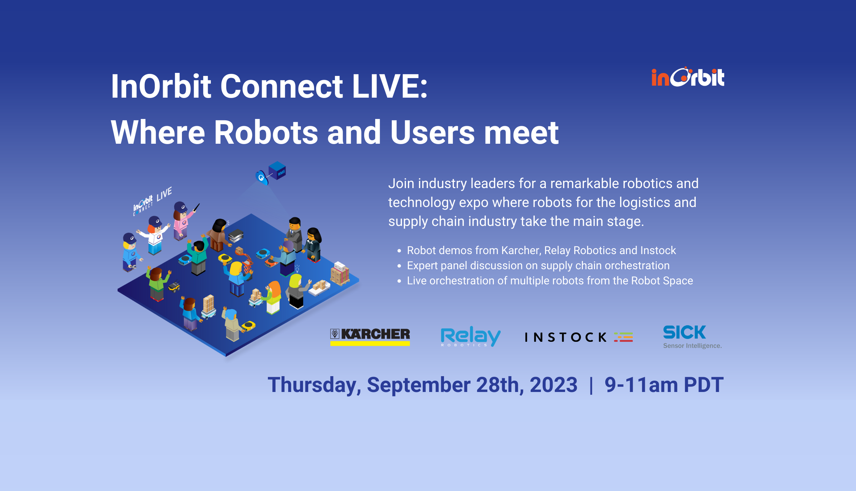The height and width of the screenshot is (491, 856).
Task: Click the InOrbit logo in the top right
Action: [x=688, y=77]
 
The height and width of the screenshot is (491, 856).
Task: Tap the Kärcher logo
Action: [x=370, y=336]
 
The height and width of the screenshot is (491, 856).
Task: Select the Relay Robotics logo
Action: [x=470, y=336]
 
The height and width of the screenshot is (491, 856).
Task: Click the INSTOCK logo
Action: [x=578, y=337]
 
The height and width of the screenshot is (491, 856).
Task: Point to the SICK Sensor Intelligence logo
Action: [x=692, y=337]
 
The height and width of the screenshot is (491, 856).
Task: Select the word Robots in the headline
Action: [x=266, y=133]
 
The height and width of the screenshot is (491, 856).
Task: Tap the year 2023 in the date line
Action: [x=553, y=385]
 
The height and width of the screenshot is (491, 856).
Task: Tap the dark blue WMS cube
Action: [x=277, y=170]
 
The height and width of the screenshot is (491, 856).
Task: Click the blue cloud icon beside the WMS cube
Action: [x=262, y=177]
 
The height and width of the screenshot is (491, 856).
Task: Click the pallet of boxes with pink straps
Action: [x=340, y=274]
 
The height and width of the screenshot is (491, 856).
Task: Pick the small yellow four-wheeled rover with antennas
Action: [x=174, y=286]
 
